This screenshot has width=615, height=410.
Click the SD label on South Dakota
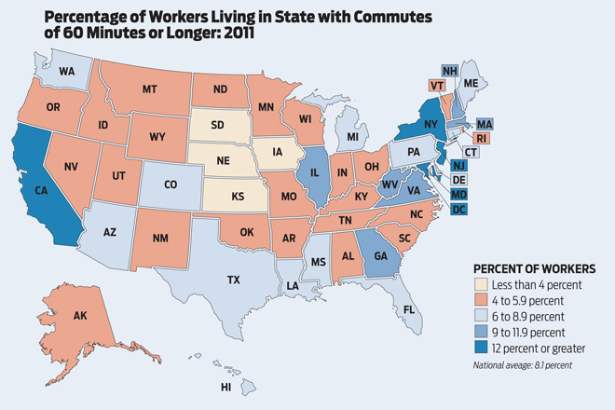click(x=215, y=126)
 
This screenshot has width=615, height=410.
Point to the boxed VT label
click(x=436, y=85)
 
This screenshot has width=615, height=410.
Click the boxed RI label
click(x=483, y=138)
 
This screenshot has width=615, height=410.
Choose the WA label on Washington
click(x=67, y=70)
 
